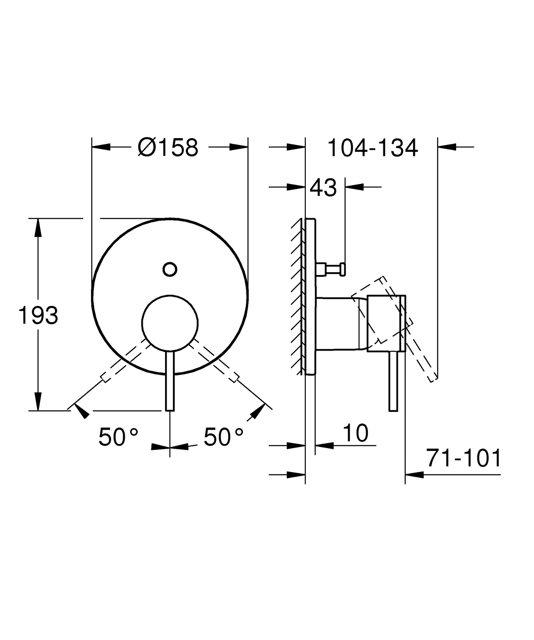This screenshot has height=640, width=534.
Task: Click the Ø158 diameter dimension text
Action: click(168, 147)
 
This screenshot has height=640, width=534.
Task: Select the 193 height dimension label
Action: click(38, 316)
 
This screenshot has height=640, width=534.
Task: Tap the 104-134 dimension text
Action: click(372, 148)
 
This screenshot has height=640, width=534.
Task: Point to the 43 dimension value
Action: click(323, 188)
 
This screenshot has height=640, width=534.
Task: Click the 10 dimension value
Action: click(355, 433)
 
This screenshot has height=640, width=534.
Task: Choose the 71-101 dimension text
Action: click(463, 458)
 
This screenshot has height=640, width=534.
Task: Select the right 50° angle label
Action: click(223, 437)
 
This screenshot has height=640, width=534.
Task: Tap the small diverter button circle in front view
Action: click(170, 269)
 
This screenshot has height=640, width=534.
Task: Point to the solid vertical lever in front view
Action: click(170, 381)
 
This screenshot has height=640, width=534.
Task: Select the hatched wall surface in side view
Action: click(297, 297)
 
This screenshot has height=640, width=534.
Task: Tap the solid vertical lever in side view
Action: click(393, 381)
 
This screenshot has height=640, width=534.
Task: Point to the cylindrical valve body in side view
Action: click(341, 324)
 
